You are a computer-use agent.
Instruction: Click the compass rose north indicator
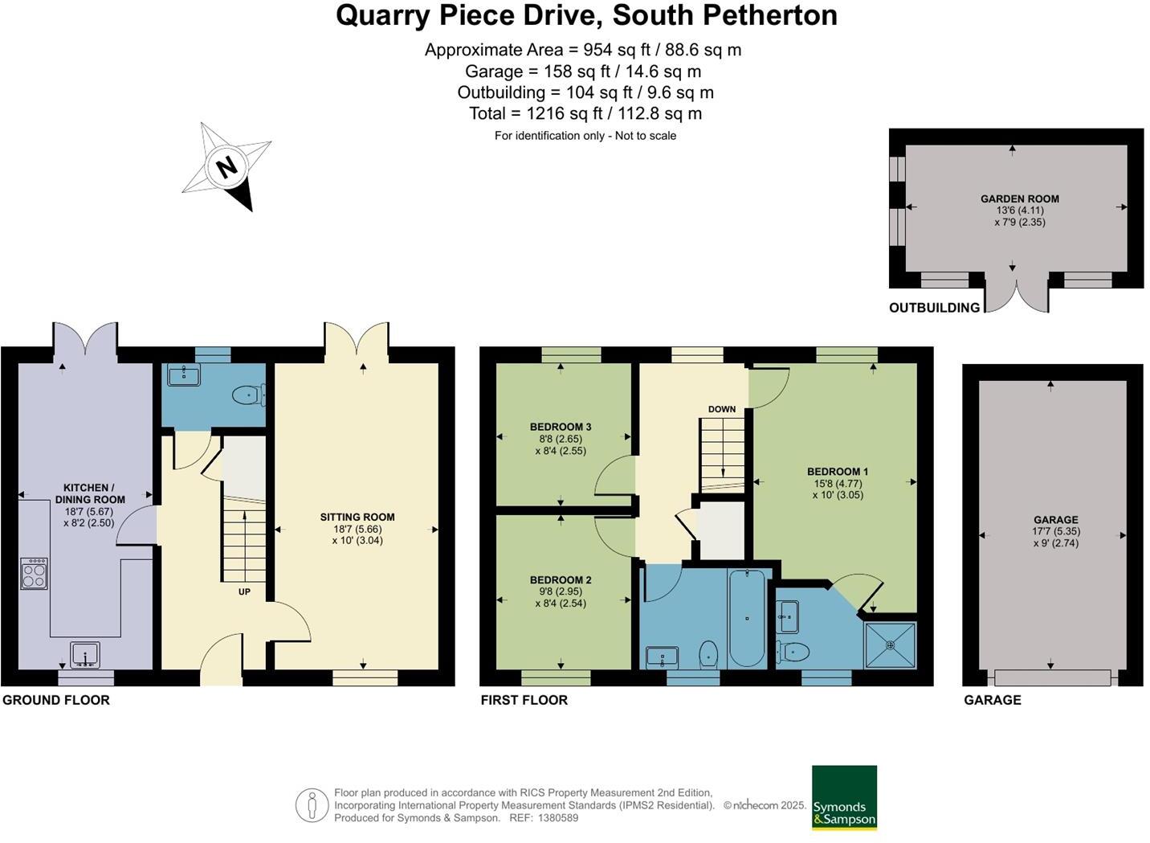tap(227, 167)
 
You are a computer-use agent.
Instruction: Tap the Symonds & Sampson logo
tap(844, 797)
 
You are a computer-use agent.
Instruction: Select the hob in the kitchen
tap(34, 574)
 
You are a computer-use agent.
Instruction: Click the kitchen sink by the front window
tap(84, 655)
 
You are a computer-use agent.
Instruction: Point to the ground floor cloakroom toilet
tap(246, 395)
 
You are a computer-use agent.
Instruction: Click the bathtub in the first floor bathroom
tap(747, 617)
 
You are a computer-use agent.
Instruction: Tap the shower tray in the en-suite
tap(890, 645)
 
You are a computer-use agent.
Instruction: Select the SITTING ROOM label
tap(357, 517)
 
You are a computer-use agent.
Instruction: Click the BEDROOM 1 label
tap(838, 472)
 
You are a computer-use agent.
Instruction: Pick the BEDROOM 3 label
tap(561, 427)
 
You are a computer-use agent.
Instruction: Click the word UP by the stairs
tap(244, 591)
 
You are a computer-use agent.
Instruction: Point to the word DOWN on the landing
tap(721, 409)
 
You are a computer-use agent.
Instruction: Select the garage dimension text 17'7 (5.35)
tap(1055, 531)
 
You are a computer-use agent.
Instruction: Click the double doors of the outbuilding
tap(1017, 294)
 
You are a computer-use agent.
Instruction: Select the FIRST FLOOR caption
tap(524, 700)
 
